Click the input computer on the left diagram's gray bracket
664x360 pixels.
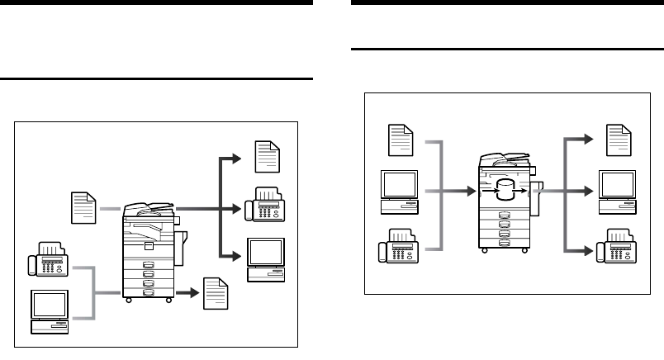(50, 311)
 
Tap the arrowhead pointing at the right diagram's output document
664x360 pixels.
(588, 139)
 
